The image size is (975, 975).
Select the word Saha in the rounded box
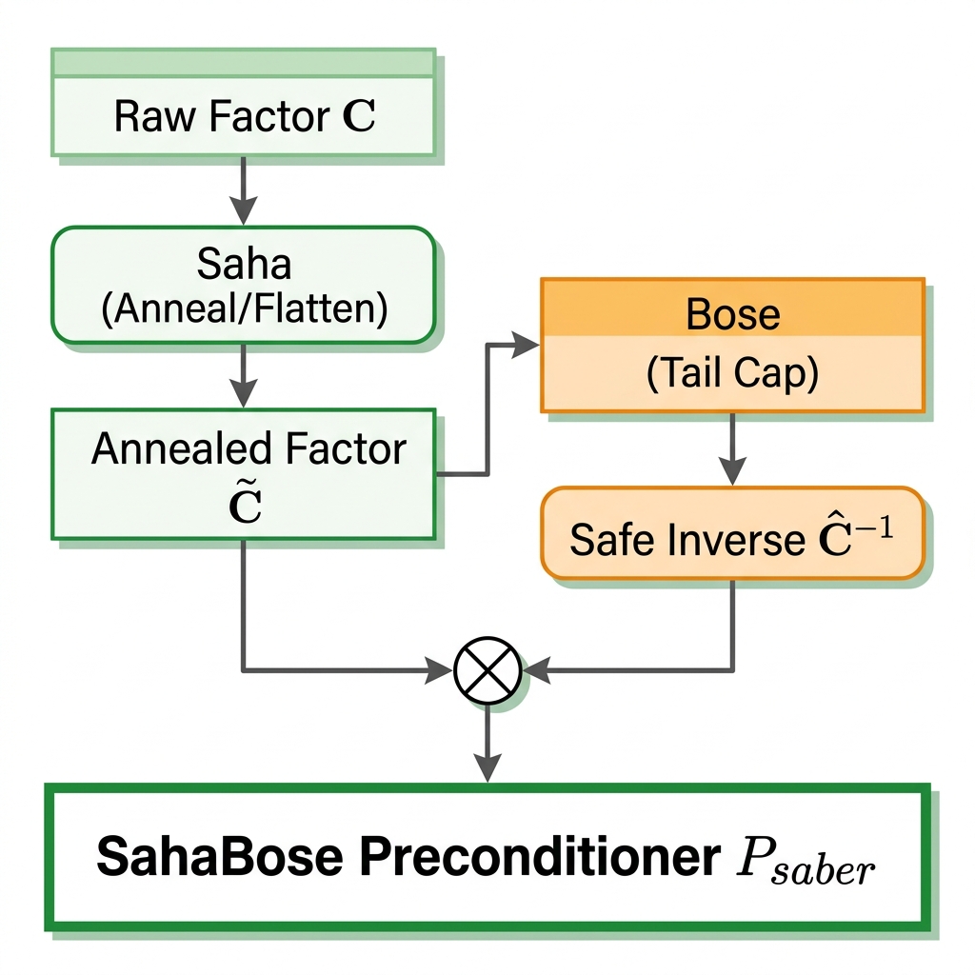coord(244,265)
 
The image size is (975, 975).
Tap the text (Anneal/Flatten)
coord(244,309)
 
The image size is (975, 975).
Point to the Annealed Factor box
coord(244,473)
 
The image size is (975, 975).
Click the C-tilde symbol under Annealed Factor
coord(247,506)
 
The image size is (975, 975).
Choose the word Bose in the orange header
coord(732,314)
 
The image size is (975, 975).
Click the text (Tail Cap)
coord(732,374)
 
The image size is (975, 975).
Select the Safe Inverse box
coord(732,533)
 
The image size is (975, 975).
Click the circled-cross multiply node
coord(487,670)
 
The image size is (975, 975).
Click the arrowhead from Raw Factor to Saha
coord(245,211)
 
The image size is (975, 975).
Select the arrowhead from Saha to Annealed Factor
coord(245,393)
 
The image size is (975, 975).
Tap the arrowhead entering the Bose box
coord(526,346)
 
